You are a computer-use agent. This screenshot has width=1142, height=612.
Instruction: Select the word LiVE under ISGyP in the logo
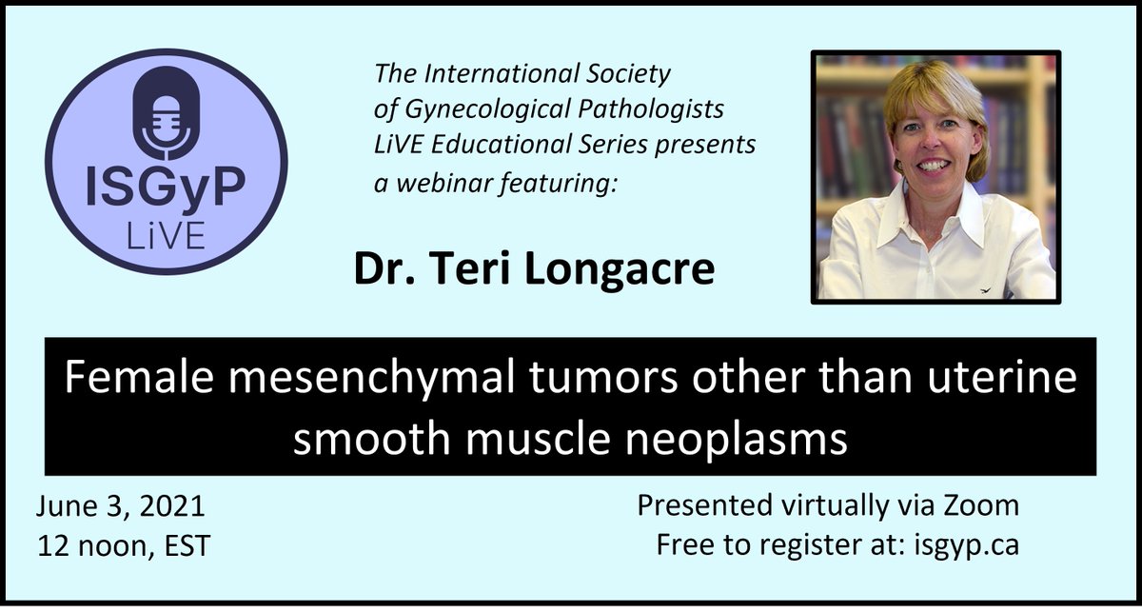pyautogui.click(x=166, y=236)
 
